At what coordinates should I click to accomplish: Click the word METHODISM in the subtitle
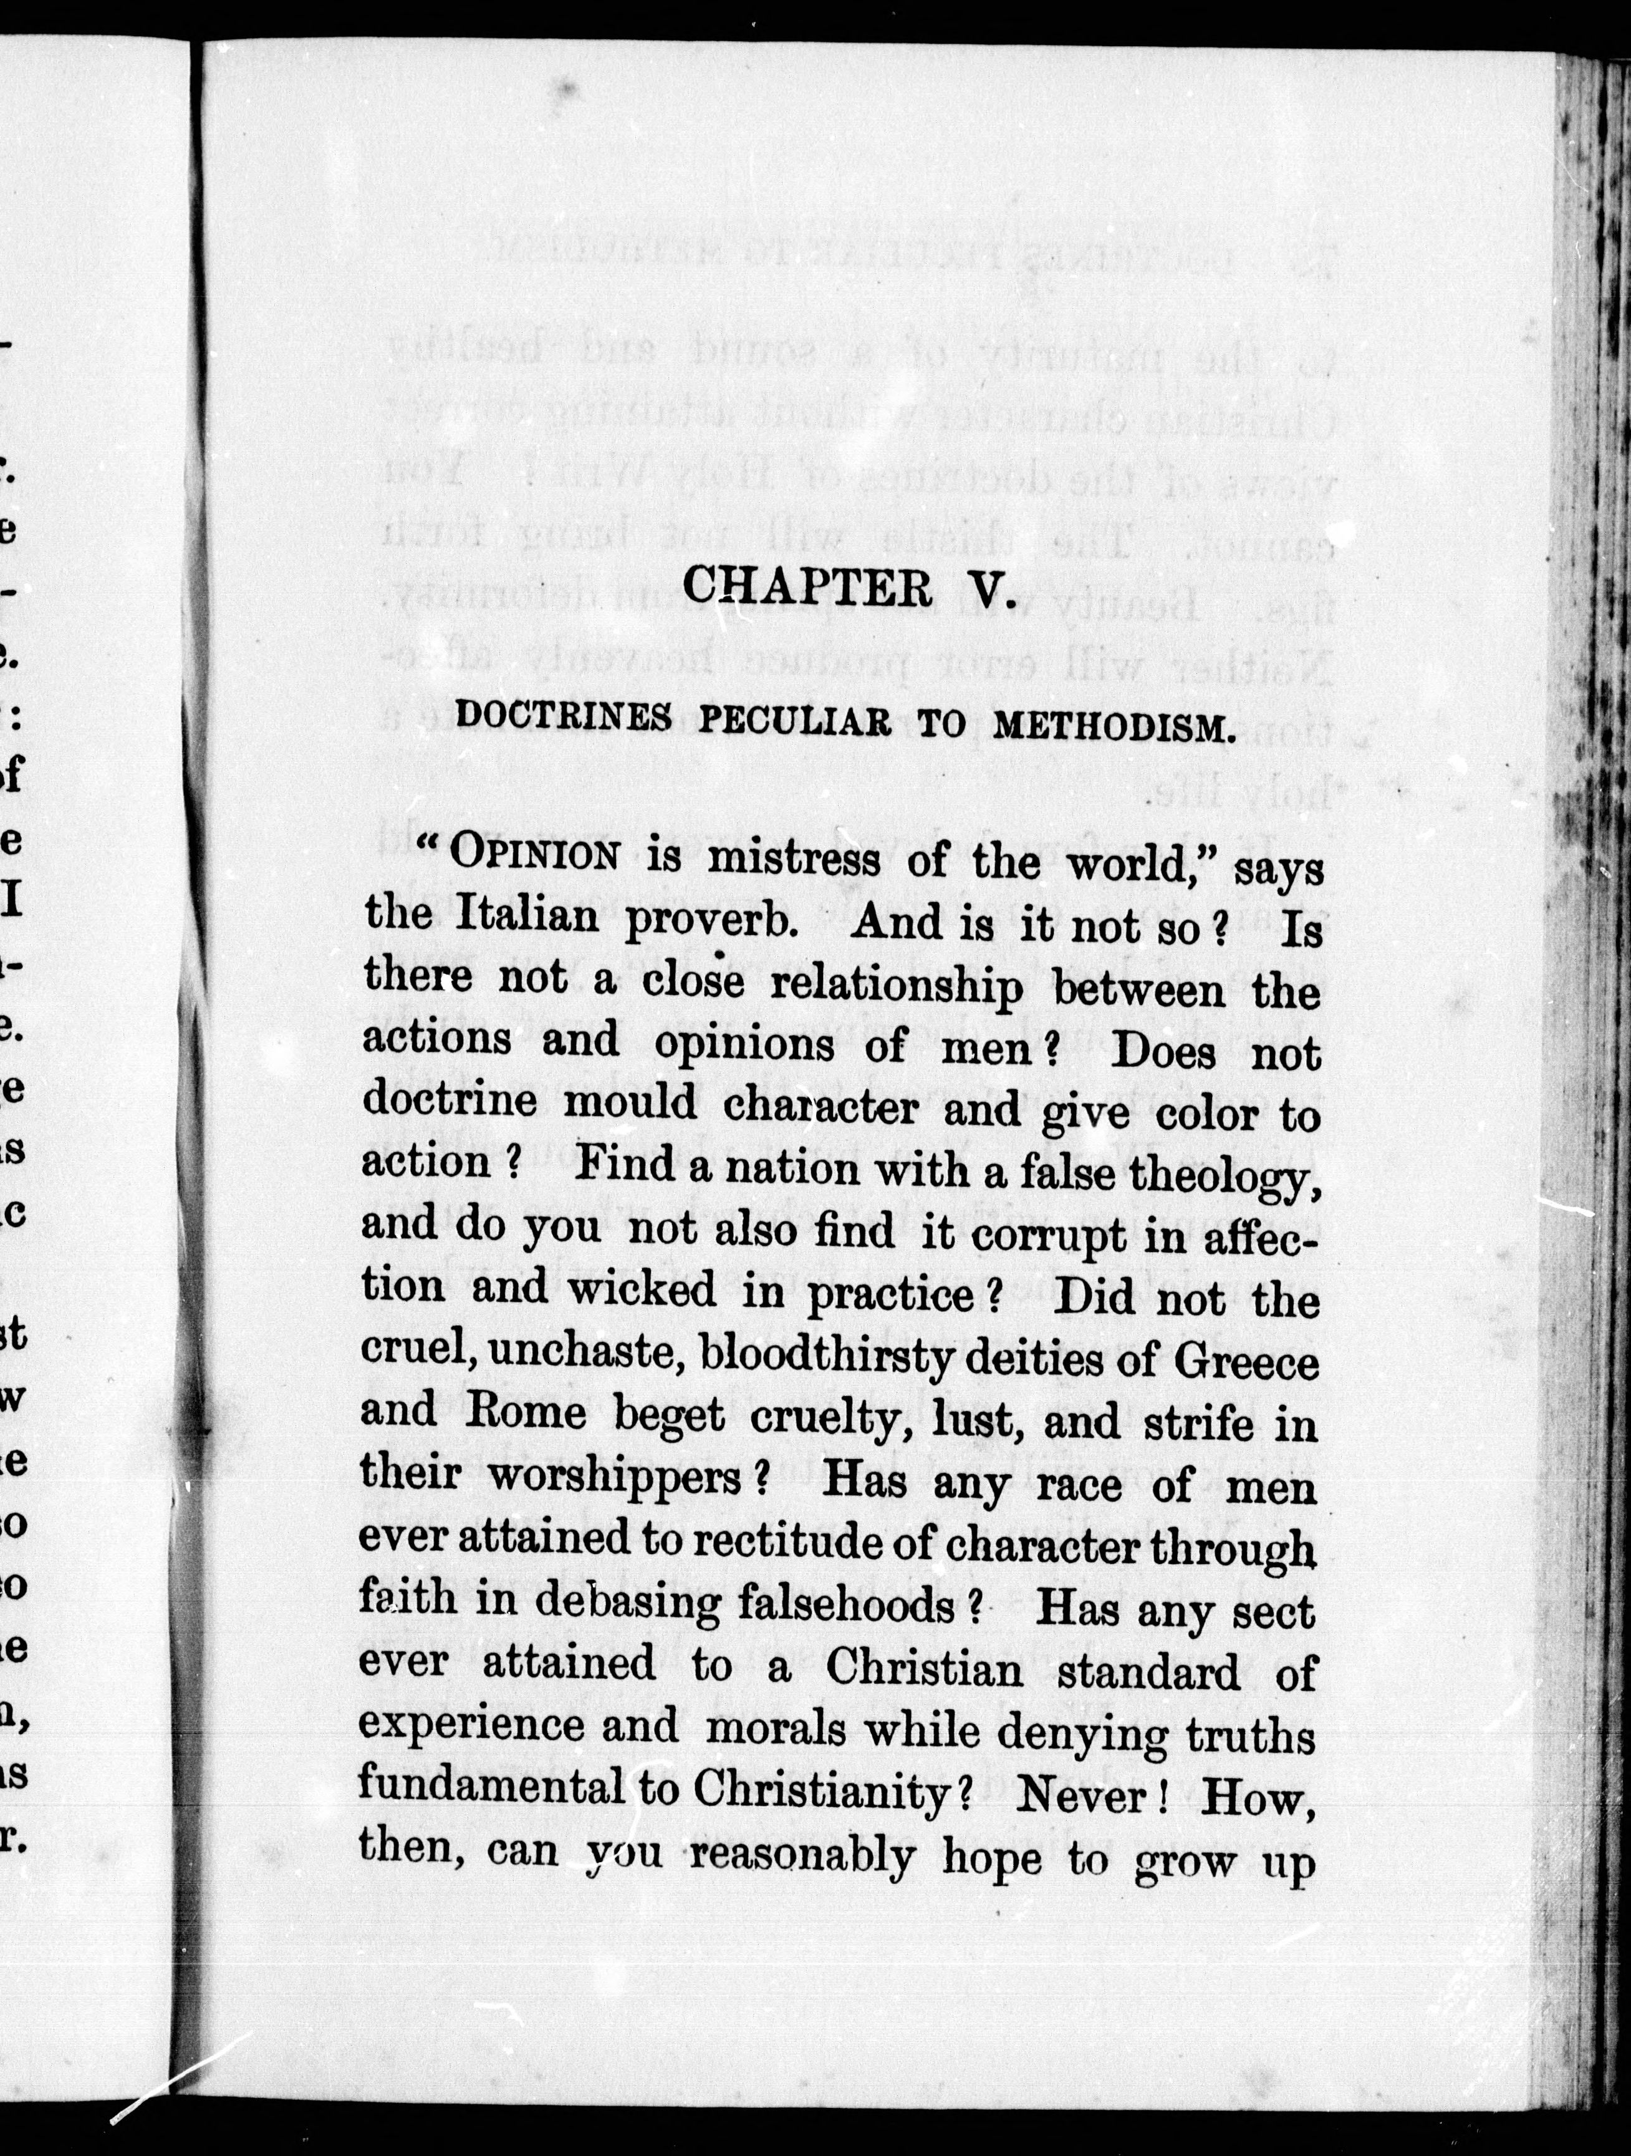(x=1114, y=727)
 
